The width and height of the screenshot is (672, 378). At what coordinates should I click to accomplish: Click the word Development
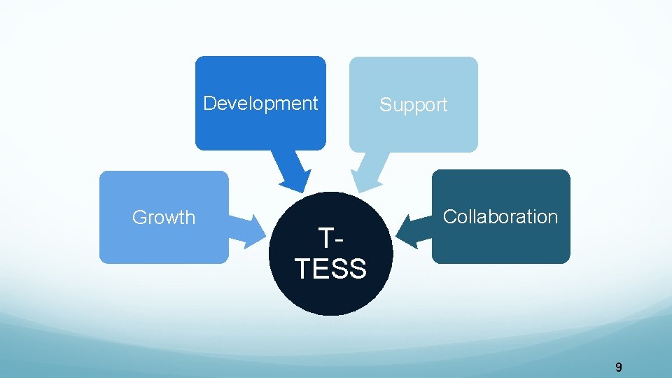pos(260,104)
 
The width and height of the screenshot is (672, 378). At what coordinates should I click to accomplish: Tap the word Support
pos(413,105)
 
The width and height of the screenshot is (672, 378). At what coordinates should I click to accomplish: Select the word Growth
pos(164,218)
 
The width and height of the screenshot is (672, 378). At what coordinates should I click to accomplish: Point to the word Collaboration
pos(500,217)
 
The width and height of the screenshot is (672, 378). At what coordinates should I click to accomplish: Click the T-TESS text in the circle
pos(330,254)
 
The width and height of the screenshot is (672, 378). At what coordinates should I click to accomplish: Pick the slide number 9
pos(618,367)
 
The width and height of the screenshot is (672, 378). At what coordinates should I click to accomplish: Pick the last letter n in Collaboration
pos(553,217)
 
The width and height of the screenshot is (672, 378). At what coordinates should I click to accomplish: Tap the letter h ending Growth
pos(190,218)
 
